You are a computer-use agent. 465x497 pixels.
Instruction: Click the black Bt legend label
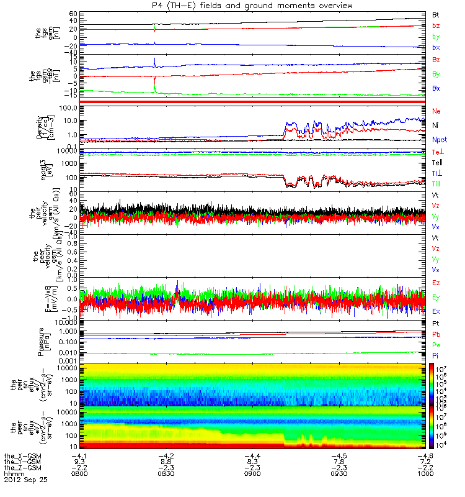[436, 14]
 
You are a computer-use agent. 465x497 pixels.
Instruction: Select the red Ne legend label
[436, 111]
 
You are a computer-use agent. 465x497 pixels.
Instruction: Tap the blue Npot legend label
[439, 140]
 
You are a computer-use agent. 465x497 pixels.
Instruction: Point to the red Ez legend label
[436, 283]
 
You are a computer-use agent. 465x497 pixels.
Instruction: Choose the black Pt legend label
[436, 324]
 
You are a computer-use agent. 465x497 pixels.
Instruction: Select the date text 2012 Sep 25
[25, 480]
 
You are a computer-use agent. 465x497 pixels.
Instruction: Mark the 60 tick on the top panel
[73, 13]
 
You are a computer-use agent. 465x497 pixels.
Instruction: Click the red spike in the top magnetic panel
[154, 29]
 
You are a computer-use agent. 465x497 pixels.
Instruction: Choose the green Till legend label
[436, 183]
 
